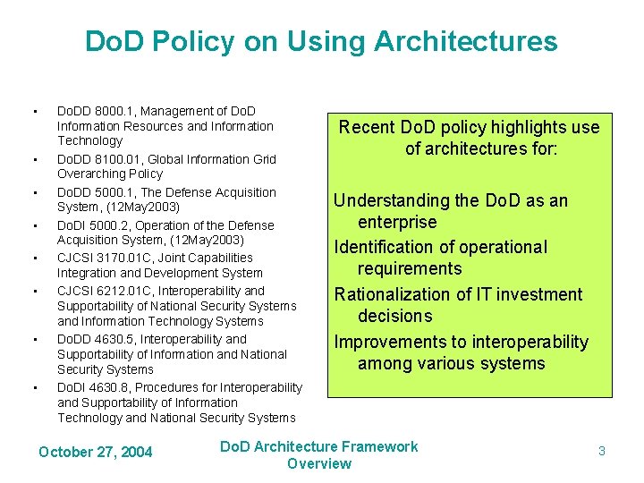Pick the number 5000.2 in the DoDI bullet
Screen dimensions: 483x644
[x=108, y=225]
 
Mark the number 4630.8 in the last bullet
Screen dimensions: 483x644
[x=108, y=387]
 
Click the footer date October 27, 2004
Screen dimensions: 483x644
[x=96, y=452]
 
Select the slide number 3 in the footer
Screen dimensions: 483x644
[x=601, y=452]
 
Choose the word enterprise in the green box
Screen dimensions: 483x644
[x=397, y=222]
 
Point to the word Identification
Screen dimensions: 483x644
[x=385, y=247]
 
